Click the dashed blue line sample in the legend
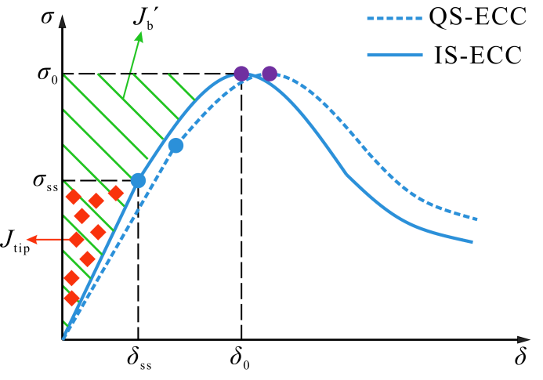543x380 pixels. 394,18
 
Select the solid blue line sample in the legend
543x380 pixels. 394,55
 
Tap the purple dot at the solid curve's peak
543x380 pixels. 241,74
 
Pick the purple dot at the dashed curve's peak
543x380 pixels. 269,74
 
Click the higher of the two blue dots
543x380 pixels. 176,146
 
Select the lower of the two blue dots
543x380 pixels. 138,181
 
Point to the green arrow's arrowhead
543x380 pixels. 139,36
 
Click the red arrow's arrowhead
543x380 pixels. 31,240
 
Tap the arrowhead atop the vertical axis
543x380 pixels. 62,22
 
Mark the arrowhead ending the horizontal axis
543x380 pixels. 523,340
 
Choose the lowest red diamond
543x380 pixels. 71,299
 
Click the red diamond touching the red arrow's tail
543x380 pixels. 76,239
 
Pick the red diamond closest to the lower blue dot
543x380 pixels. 116,194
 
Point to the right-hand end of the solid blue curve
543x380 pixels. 472,242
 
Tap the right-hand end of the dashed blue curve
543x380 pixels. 476,219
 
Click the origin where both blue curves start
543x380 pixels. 63,338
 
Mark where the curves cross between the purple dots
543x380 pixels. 254,75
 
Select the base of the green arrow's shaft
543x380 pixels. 124,97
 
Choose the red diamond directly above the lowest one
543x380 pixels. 71,278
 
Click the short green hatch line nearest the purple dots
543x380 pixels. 182,87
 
